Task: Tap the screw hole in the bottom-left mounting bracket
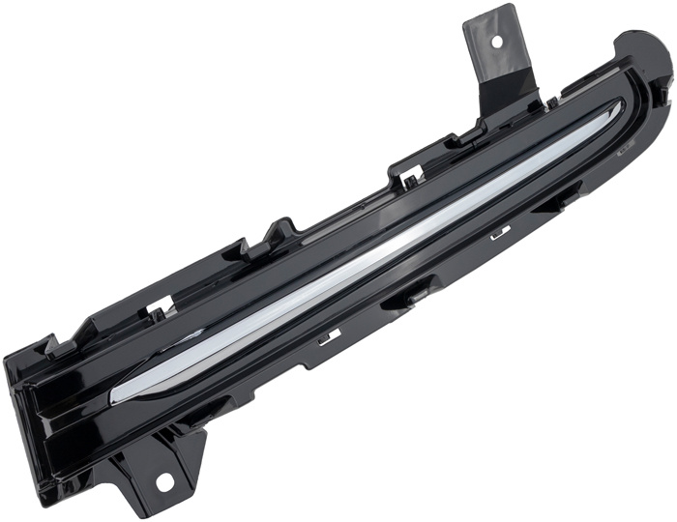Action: click(x=162, y=480)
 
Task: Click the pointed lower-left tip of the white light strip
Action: click(x=115, y=396)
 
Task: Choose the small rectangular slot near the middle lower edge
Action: click(x=330, y=335)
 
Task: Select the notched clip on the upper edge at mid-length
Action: click(x=407, y=175)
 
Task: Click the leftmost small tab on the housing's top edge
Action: click(x=53, y=343)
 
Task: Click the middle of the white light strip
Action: click(x=368, y=256)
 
